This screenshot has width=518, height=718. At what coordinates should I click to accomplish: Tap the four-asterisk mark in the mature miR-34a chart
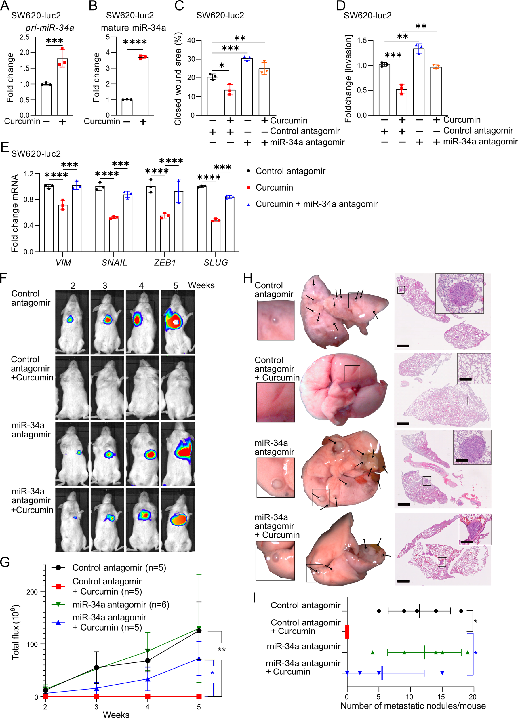[x=135, y=42]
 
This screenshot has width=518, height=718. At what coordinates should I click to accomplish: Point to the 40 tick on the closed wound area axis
[x=191, y=41]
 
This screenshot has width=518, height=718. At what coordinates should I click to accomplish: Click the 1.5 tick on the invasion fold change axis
[x=362, y=41]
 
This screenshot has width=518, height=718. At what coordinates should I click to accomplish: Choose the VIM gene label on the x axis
[x=63, y=262]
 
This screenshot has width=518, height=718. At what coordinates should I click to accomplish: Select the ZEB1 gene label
[x=165, y=262]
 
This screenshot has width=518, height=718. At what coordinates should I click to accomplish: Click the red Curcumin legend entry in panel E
[x=274, y=188]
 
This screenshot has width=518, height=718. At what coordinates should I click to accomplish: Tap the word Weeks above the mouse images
[x=201, y=285]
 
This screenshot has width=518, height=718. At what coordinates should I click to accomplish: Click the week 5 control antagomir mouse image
[x=178, y=322]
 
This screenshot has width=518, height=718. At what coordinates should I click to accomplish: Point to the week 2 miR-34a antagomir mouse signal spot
[x=79, y=453]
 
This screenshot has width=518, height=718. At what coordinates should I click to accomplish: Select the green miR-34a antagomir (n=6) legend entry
[x=121, y=605]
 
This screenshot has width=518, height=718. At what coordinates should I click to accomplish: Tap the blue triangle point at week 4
[x=148, y=679]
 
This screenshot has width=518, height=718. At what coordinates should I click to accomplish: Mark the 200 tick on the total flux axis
[x=32, y=592]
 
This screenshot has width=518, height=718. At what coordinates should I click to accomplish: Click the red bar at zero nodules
[x=347, y=632]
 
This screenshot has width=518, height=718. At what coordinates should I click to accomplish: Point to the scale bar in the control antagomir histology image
[x=402, y=346]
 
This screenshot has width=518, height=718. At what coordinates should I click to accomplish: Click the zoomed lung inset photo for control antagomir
[x=275, y=320]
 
